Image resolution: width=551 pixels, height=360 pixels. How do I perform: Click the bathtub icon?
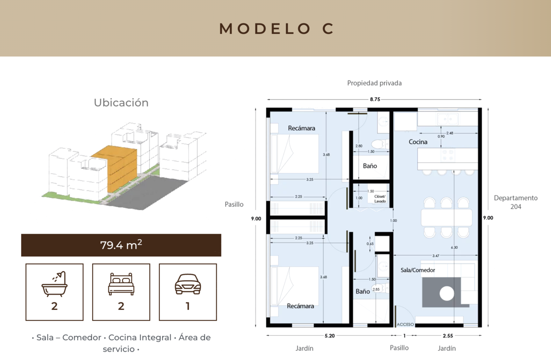pos(54,284)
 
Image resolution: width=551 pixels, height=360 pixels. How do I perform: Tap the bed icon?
pos(121,284)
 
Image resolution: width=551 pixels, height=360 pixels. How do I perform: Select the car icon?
pos(188,284)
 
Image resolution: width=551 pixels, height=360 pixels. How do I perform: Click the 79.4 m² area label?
pos(121,245)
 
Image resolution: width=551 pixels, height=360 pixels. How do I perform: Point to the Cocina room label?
pos(418,142)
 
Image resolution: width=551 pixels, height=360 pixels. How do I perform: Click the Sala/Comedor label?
pos(418,270)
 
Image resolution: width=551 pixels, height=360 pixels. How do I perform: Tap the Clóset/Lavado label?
pos(380,199)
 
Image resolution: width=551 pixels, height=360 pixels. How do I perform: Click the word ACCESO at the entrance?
pos(405,324)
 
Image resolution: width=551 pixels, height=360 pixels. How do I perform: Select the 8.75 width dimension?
pos(375,99)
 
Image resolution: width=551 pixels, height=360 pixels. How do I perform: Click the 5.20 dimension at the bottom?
pos(330,336)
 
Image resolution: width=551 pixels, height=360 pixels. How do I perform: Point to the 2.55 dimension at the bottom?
pos(448,336)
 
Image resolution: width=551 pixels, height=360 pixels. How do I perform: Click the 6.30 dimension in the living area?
pos(454,247)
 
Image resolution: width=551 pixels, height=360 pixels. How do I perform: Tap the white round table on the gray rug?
pos(446,293)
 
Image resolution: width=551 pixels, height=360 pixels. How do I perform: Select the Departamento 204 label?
pos(516,202)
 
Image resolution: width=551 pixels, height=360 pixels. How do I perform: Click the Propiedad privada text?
pos(374,83)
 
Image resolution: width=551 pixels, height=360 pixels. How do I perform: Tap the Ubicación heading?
pos(121,102)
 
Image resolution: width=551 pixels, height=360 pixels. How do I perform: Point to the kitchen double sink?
pos(447,119)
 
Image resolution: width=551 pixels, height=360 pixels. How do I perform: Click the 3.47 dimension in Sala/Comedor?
pos(436,256)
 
